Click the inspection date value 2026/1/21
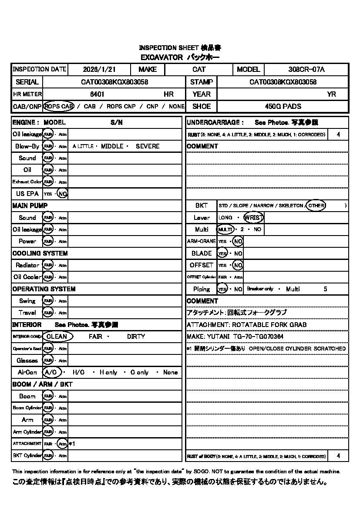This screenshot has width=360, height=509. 99,69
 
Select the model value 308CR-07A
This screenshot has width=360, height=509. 306,69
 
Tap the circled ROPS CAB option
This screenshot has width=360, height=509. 59,106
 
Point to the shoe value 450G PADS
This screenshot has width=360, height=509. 283,106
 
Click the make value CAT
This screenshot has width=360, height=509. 199,69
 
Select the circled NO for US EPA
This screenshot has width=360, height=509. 63,194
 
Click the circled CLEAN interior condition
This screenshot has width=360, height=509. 57,337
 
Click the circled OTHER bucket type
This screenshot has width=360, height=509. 316,206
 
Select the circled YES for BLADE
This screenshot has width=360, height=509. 222,253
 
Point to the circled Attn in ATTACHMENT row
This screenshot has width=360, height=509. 63,444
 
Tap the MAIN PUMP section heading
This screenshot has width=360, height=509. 30,206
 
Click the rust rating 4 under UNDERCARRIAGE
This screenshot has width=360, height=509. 339,135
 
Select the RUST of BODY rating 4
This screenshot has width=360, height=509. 339,456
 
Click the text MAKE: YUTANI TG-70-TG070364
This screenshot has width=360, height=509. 235,337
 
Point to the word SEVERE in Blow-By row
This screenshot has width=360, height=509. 148,146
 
